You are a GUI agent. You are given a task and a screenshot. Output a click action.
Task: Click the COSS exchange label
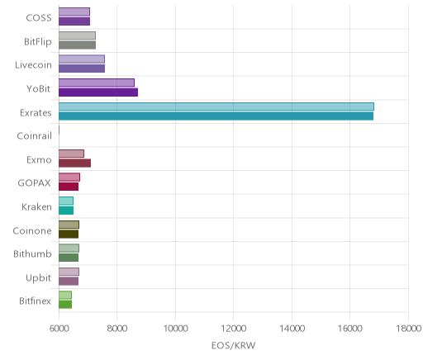tap(39, 18)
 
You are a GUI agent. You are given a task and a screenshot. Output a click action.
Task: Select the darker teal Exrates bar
tap(216, 116)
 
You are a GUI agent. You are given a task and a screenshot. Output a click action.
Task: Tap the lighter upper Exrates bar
tap(216, 107)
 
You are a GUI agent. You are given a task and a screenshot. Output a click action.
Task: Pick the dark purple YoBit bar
tap(98, 92)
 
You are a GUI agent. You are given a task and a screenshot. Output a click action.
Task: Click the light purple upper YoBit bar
tap(97, 83)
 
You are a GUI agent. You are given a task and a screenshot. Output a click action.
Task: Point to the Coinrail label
tap(35, 136)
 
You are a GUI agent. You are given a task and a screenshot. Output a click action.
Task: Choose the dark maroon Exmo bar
tap(74, 163)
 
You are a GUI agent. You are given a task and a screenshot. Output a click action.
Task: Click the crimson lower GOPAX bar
tap(69, 187)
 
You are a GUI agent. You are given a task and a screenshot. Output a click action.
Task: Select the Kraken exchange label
tap(36, 206)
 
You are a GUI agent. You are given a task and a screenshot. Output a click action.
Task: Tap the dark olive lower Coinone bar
tap(69, 234)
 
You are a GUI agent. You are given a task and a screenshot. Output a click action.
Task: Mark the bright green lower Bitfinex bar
tap(65, 305)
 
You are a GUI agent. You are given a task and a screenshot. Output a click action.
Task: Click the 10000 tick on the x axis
tap(175, 329)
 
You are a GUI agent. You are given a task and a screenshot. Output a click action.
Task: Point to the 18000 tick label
tap(409, 329)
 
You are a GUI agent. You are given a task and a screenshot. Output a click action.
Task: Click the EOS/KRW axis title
tap(234, 345)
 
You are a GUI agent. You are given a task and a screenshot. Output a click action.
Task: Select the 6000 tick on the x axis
tap(59, 329)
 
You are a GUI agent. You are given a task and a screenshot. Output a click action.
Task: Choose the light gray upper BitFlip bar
tap(77, 36)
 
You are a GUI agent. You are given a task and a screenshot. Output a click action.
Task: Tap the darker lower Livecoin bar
tap(82, 69)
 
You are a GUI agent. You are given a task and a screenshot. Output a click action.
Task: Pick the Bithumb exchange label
tap(32, 253)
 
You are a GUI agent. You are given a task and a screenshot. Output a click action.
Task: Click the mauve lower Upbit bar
tap(69, 282)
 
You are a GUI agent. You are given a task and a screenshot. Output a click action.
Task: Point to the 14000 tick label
tap(292, 329)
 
